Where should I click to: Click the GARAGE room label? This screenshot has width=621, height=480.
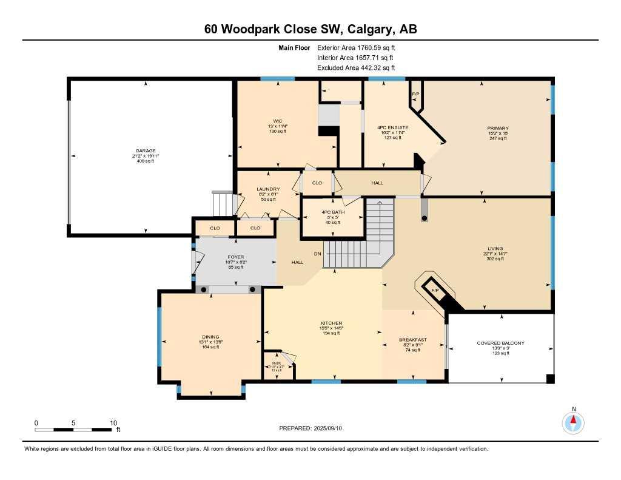click(x=146, y=150)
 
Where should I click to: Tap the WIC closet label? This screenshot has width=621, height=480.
click(x=278, y=121)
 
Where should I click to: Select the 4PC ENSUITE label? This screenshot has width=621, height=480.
click(x=392, y=127)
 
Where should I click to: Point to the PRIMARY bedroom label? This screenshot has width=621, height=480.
click(x=497, y=128)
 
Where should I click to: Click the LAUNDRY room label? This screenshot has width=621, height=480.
click(x=267, y=189)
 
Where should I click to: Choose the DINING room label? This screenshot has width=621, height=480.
click(x=210, y=337)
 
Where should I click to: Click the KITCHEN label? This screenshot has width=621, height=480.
click(x=332, y=323)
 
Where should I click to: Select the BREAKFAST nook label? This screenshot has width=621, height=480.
click(x=412, y=340)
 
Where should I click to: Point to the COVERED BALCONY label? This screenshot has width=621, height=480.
click(x=500, y=343)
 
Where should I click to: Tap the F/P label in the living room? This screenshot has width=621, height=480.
click(x=434, y=291)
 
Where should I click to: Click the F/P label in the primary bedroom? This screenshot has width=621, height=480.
click(x=415, y=94)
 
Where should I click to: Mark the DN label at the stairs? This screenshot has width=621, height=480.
click(x=317, y=254)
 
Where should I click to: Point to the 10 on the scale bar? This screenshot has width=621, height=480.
click(x=113, y=422)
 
